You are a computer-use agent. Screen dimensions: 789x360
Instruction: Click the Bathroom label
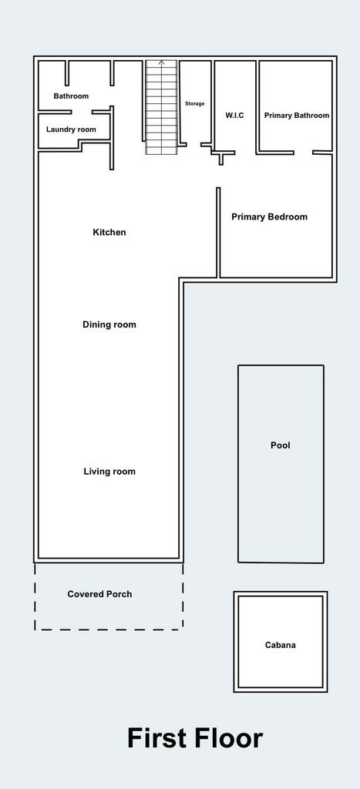(71, 96)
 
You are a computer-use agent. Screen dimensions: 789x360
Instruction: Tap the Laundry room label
(71, 129)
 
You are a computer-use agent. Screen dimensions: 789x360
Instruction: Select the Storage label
(194, 103)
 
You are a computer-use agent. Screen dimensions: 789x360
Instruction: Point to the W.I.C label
(234, 116)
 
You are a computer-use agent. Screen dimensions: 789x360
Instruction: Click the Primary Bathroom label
(297, 116)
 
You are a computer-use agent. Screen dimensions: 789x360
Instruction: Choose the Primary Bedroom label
(269, 217)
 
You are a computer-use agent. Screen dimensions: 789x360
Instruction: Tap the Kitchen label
(109, 233)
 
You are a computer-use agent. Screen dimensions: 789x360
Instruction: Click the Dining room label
(109, 325)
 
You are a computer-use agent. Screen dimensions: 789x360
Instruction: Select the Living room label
(109, 472)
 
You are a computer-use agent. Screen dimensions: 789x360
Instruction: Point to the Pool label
(281, 445)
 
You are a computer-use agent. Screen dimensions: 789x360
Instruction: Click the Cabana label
(280, 646)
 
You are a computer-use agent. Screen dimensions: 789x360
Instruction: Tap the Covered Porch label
(99, 594)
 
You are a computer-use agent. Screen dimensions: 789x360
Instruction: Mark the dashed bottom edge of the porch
(109, 630)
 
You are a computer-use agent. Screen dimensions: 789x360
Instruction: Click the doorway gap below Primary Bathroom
(303, 153)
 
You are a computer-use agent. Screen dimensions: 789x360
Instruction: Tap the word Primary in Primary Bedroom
(249, 217)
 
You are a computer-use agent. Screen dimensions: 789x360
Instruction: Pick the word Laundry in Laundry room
(61, 129)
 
